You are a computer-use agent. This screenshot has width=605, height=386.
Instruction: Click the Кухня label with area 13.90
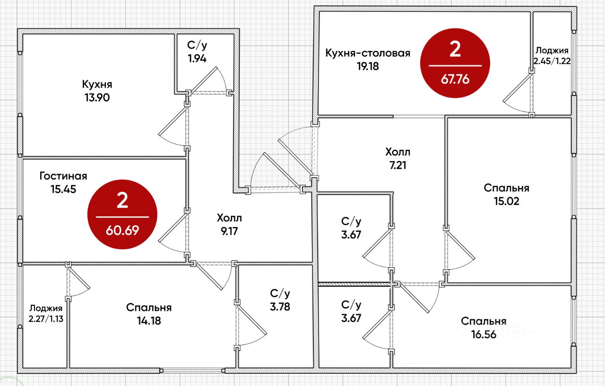pos(97,91)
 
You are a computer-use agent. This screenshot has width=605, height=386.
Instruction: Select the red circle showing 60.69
pos(122,214)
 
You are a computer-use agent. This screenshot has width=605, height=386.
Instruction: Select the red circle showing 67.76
pos(455,63)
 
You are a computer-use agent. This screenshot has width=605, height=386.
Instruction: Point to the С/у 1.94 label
pos(197,52)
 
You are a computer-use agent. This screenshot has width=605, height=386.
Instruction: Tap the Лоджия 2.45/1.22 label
pos(552,56)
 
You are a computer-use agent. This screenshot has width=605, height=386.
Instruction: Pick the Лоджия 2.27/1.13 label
pos(46,313)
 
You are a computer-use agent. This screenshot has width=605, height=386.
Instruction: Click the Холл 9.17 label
pos(229,224)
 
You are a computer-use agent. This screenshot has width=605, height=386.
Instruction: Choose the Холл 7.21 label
pos(398,158)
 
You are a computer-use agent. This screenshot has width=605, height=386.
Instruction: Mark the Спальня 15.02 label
pos(506,195)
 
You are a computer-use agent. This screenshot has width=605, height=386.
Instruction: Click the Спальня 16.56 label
pos(484,328)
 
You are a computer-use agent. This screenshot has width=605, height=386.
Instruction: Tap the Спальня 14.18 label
pos(149,314)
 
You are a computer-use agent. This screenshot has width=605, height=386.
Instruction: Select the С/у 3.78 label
pos(280,300)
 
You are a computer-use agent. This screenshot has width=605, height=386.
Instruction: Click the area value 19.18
pos(368,66)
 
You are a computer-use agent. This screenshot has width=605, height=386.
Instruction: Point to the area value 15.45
pos(63,189)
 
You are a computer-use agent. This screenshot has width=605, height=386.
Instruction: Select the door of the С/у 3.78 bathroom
pos(251,325)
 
